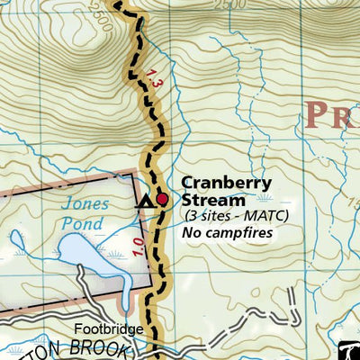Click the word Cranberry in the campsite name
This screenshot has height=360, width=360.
click(x=226, y=183)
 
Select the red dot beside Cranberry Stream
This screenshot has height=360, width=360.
click(x=162, y=200)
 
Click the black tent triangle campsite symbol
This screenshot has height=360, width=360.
click(x=143, y=202)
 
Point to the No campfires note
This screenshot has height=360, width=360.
click(x=226, y=233)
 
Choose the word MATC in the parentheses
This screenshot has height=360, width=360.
click(x=251, y=217)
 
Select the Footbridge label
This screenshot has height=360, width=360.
click(x=108, y=330)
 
